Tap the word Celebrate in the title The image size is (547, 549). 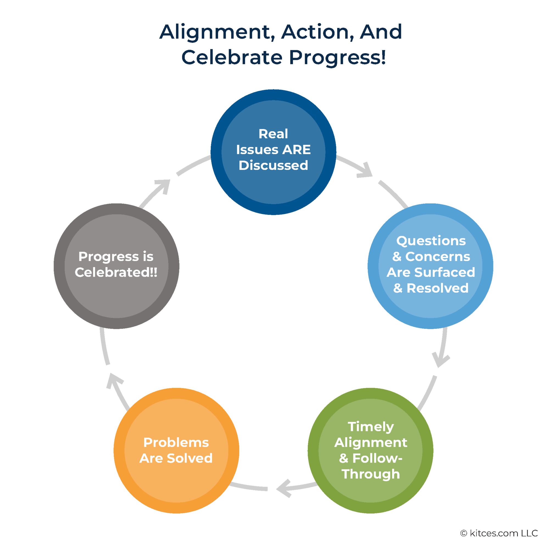(232, 57)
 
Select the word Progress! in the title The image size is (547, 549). (337, 57)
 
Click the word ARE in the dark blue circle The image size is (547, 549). (297, 150)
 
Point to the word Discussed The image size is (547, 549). (273, 165)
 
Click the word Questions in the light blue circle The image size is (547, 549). (431, 241)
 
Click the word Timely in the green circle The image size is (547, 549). (370, 427)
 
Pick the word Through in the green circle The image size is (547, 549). (370, 474)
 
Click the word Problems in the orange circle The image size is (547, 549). (176, 442)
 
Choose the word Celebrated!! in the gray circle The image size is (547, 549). (116, 272)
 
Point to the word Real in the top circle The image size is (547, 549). (273, 134)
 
